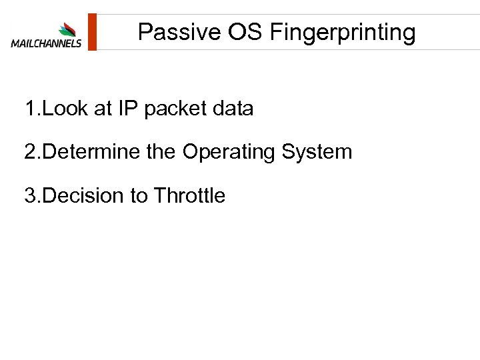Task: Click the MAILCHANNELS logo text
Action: tap(46, 44)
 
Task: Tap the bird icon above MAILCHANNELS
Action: tap(67, 29)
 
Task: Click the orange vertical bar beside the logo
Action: tap(93, 31)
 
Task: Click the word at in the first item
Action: tap(103, 109)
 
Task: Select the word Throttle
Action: tap(189, 196)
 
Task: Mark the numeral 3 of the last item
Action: tap(29, 196)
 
